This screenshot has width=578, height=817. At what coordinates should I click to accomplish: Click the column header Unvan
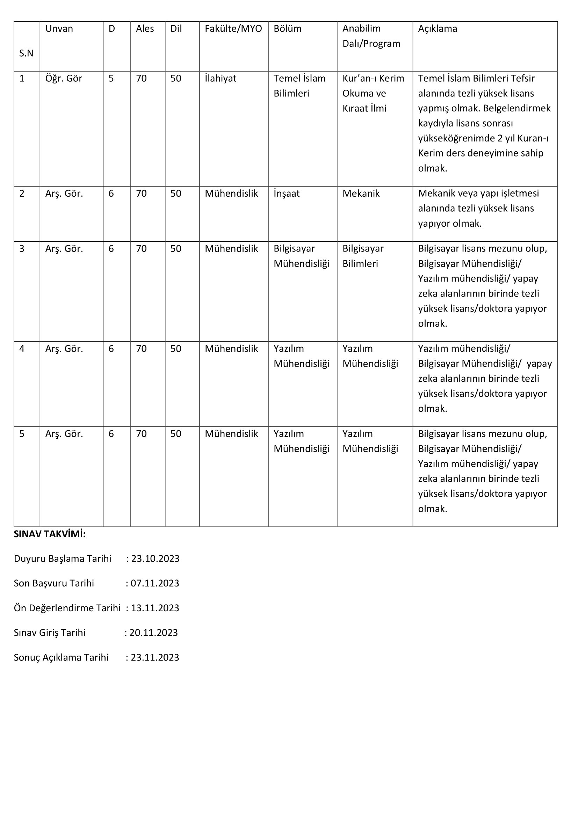point(59,29)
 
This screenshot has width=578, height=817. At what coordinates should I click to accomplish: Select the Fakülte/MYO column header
point(233,29)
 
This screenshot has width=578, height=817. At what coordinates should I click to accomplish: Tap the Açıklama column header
point(438,29)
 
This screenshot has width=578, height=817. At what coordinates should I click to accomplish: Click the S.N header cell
point(26,53)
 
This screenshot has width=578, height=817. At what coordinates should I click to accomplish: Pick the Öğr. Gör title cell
point(64,79)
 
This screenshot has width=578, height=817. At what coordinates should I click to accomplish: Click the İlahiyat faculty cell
point(220,79)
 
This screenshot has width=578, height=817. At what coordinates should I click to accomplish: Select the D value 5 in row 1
point(111,79)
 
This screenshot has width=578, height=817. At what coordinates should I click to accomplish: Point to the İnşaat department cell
point(287,194)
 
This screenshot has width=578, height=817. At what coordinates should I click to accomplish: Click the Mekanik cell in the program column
point(361,194)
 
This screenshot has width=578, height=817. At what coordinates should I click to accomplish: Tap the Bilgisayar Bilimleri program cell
point(363,256)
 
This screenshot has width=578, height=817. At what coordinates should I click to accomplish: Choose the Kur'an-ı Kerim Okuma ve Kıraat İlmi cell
point(373,93)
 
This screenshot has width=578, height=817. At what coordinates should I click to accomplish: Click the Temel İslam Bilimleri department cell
point(299,86)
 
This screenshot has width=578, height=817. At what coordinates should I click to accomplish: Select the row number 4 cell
point(22,349)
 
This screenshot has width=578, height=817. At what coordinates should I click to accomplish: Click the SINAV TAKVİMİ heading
point(50,534)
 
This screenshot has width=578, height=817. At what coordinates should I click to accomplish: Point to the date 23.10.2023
point(155,559)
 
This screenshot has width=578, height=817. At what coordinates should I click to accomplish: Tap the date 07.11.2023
point(155,583)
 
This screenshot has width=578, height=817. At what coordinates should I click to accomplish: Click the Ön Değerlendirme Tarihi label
point(67,608)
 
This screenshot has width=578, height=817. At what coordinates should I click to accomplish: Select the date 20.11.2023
point(153,632)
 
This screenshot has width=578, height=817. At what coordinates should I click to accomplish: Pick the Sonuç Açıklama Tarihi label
point(61,657)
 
